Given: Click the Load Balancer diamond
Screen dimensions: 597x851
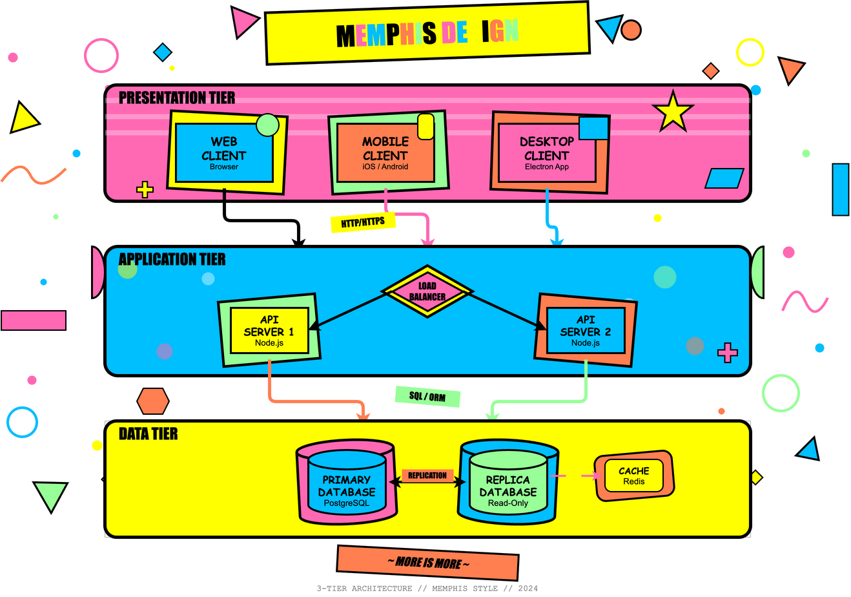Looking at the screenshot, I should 427,291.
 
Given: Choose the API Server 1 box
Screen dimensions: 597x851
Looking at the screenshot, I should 269,330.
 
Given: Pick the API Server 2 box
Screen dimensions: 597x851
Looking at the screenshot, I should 586,330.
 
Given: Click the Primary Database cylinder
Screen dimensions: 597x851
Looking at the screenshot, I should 347,485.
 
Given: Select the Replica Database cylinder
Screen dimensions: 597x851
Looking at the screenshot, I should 508,485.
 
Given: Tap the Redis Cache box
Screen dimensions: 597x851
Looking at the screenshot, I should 634,476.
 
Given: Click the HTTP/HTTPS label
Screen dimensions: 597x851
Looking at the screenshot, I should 363,222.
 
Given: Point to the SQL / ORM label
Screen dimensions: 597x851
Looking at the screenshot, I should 427,396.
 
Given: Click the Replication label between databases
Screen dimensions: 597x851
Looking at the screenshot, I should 427,476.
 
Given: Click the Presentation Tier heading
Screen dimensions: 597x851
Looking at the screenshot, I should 177,98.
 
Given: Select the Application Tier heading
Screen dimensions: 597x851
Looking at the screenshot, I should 172,260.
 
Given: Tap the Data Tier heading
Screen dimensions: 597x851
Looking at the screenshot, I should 149,434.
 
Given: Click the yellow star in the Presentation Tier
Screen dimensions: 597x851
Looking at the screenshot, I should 673,112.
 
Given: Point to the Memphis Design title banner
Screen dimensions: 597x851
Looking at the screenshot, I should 427,34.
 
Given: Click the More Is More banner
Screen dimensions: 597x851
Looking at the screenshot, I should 427,562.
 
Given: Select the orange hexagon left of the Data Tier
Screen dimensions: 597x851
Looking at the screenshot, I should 153,401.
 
